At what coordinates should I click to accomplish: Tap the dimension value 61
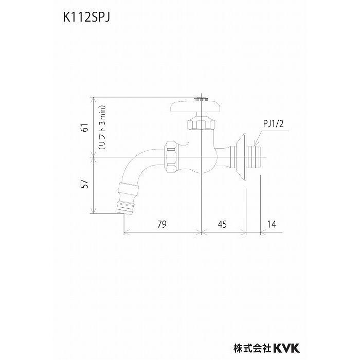point(83,128)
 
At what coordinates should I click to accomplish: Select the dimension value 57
point(83,184)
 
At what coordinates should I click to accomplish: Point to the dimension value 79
point(162,224)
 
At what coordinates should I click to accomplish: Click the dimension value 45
point(223,224)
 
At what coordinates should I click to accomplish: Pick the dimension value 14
point(272,224)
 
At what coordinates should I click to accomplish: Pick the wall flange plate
point(242,157)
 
